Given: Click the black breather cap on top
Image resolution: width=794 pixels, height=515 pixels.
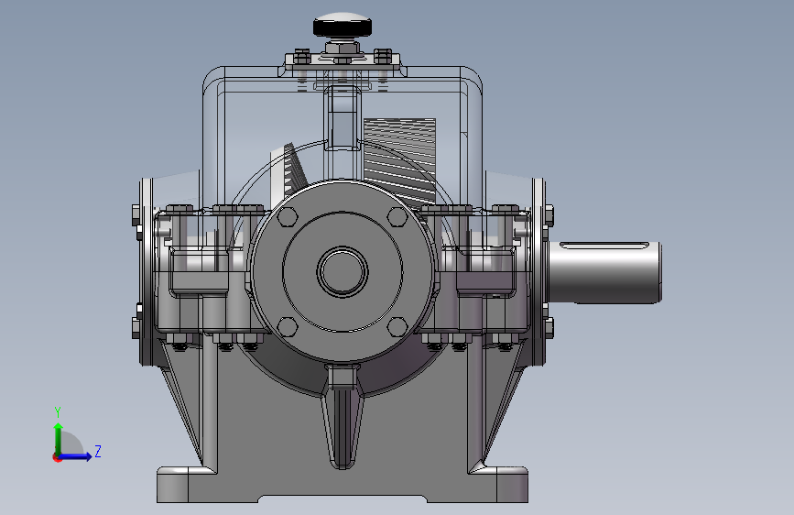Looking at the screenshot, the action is click(x=343, y=26).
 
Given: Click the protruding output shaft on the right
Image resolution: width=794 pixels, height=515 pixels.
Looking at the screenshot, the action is click(x=605, y=273).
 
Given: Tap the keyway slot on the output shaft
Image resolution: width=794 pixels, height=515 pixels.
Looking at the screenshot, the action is click(x=604, y=246).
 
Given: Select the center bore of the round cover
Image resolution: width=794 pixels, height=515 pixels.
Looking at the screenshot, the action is click(x=343, y=271).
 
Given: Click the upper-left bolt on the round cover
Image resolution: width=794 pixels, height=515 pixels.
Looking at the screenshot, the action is click(x=288, y=216).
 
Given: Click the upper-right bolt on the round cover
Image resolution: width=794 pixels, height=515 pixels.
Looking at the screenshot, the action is click(x=397, y=216).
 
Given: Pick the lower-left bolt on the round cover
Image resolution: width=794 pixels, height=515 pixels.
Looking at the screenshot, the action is click(x=288, y=327).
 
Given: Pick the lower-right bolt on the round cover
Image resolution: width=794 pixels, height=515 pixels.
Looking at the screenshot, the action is click(x=397, y=327).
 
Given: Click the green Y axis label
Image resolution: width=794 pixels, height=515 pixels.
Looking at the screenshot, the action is click(x=58, y=412).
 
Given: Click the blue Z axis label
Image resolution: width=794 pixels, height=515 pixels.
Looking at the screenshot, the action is click(x=98, y=451).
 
